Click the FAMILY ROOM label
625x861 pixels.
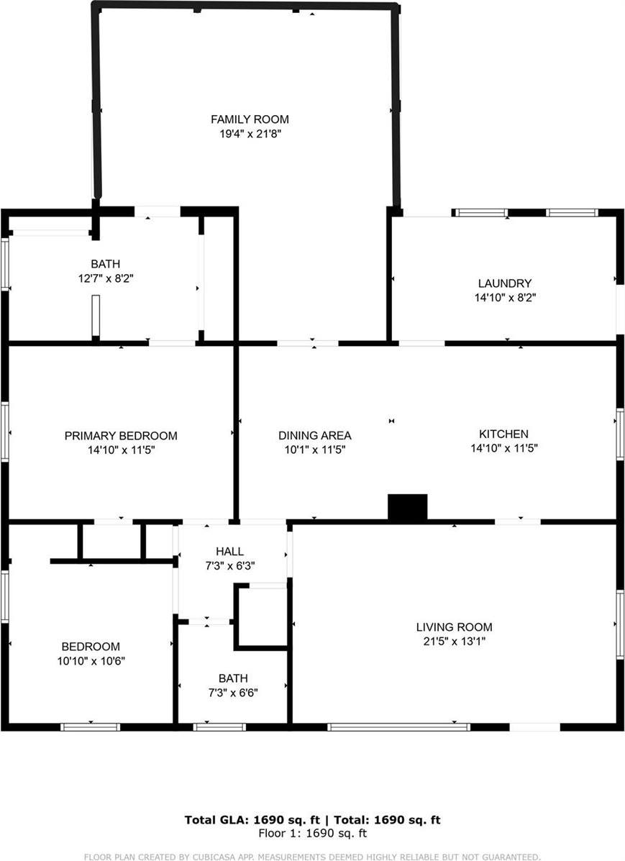pyautogui.click(x=250, y=119)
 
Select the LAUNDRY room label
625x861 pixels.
pyautogui.click(x=505, y=283)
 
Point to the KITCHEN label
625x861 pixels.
pyautogui.click(x=503, y=434)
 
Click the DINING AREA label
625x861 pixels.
pyautogui.click(x=315, y=435)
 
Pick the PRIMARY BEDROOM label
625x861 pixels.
pyautogui.click(x=121, y=436)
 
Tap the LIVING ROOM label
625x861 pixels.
pyautogui.click(x=455, y=627)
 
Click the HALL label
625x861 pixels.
pyautogui.click(x=229, y=551)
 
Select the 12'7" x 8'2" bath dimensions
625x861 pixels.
pyautogui.click(x=105, y=278)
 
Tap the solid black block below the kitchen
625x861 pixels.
pyautogui.click(x=408, y=506)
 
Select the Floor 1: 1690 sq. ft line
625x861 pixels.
pyautogui.click(x=313, y=834)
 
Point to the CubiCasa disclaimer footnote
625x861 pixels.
pyautogui.click(x=312, y=857)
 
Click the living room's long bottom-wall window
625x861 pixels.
pyautogui.click(x=398, y=727)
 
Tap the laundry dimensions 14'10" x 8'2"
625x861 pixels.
pyautogui.click(x=505, y=297)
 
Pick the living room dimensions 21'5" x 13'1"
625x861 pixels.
pyautogui.click(x=455, y=641)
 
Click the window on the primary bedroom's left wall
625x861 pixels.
pyautogui.click(x=5, y=432)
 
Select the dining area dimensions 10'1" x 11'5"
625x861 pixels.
pyautogui.click(x=315, y=450)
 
